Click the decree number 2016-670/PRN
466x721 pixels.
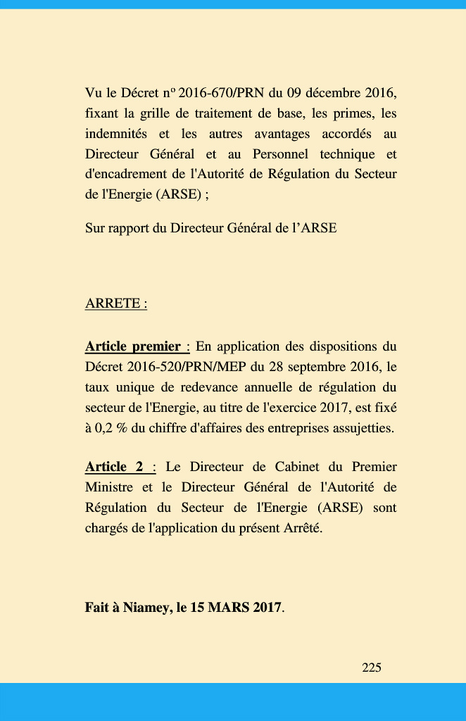coord(220,93)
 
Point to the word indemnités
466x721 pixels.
coord(116,134)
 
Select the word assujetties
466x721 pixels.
coord(358,428)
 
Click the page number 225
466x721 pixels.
coord(372,667)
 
